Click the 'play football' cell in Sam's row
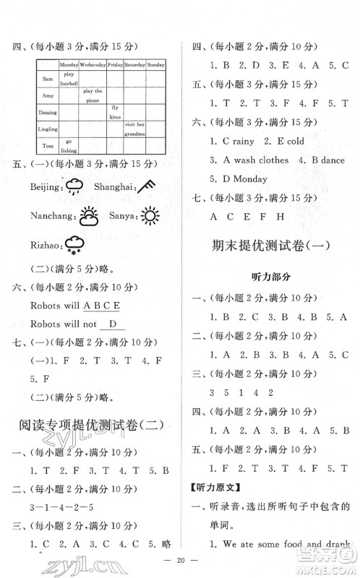[x=69, y=78]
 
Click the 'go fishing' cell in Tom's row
[x=69, y=144]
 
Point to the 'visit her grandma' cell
[x=134, y=129]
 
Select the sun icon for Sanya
[x=150, y=215]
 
